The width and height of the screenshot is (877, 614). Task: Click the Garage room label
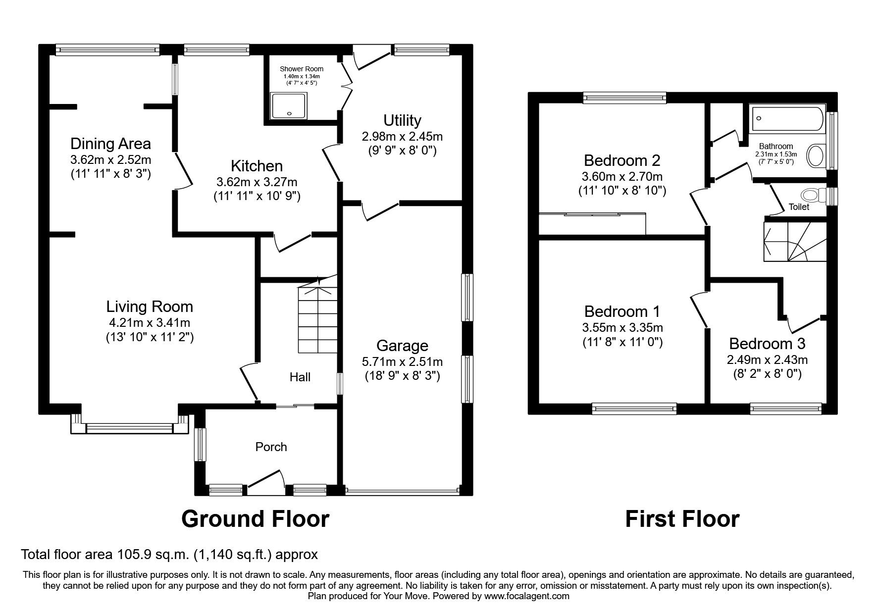(402, 346)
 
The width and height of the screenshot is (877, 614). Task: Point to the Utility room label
(402, 120)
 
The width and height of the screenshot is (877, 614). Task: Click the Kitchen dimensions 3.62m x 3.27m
(257, 182)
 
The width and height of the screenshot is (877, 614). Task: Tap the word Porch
(271, 447)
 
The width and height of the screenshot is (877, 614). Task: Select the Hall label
(300, 377)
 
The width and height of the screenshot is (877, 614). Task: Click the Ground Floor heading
(255, 519)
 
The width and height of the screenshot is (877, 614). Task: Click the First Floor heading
(682, 519)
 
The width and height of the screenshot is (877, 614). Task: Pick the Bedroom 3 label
(767, 343)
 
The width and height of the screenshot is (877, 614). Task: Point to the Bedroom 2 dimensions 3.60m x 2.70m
(622, 176)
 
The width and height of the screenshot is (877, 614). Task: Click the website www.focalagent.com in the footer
(527, 596)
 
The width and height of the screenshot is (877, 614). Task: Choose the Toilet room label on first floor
(798, 207)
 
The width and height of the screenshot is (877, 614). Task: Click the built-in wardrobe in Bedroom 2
(592, 224)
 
